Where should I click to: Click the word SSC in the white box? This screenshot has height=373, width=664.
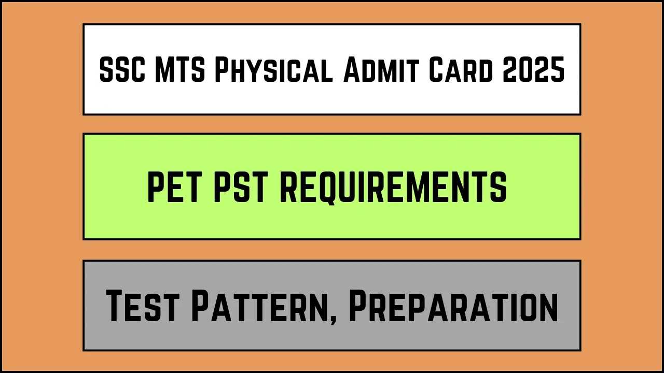[x=122, y=69]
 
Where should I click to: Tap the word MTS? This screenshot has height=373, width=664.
[x=180, y=69]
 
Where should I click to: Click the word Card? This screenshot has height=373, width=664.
[x=461, y=70]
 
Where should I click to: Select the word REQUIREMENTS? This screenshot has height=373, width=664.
[x=393, y=188]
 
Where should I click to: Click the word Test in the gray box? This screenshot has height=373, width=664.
[x=143, y=305]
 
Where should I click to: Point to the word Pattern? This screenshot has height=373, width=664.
[x=261, y=305]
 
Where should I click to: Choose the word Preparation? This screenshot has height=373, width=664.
[x=453, y=305]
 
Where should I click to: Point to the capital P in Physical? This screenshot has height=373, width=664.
[x=223, y=69]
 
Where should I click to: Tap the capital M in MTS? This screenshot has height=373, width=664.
[x=165, y=69]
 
